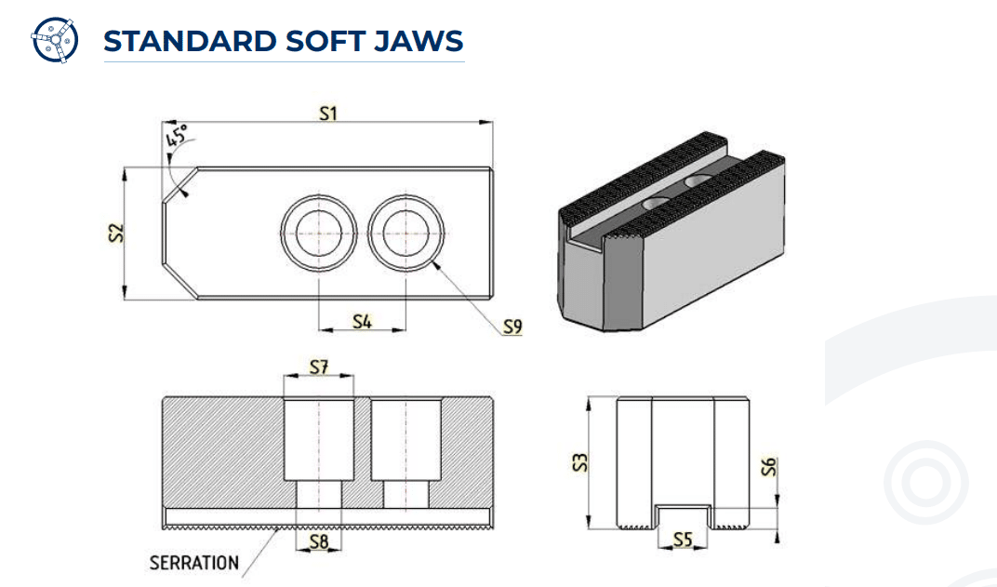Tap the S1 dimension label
click(327, 113)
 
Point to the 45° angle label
click(176, 137)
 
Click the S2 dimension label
click(113, 233)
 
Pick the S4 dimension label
click(362, 321)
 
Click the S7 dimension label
click(319, 367)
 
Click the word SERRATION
click(193, 563)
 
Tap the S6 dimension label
click(768, 466)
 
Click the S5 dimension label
click(684, 539)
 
